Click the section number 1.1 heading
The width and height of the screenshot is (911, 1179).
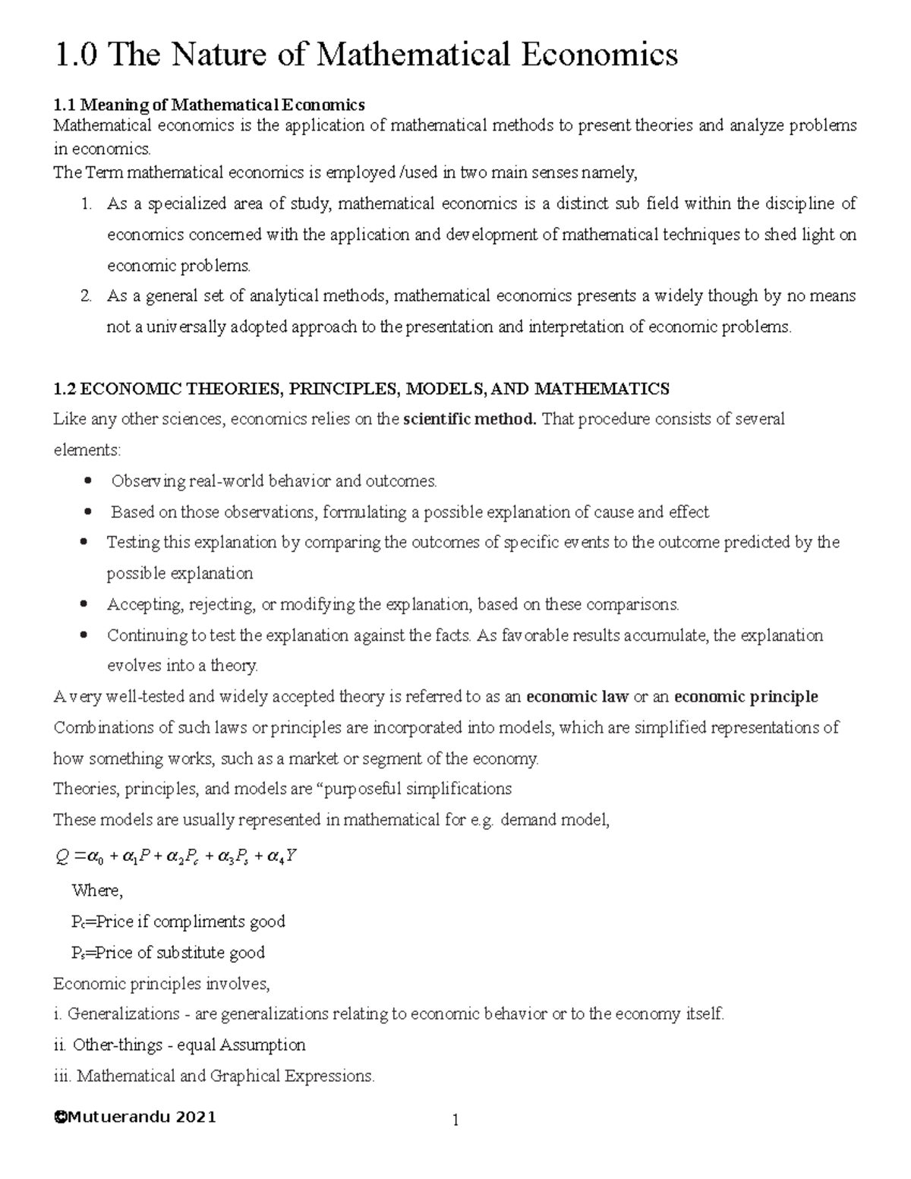point(65,104)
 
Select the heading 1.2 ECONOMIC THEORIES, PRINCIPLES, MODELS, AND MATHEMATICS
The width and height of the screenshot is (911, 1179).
point(361,389)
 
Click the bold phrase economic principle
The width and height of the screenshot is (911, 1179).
point(746,697)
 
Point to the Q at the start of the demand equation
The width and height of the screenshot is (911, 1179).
point(62,858)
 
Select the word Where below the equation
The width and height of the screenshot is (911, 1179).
point(96,891)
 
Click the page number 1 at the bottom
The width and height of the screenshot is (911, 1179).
point(455,1121)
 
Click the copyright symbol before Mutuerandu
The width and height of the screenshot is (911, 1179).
point(60,1118)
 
